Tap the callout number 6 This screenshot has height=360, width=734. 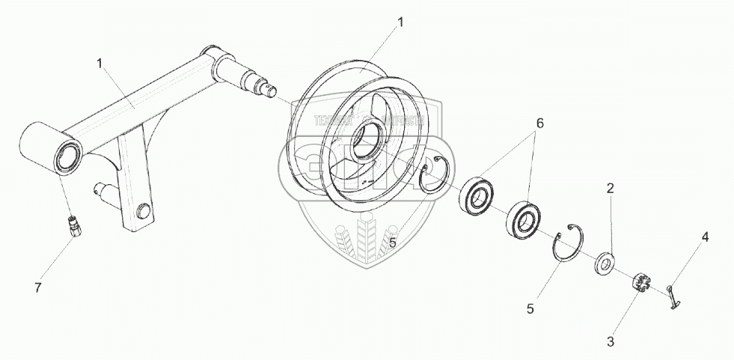point(539,123)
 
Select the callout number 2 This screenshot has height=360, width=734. point(611,189)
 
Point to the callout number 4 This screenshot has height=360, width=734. point(703,238)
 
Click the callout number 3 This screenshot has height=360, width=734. point(611,342)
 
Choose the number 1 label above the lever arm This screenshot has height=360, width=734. point(100,63)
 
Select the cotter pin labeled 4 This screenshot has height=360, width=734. point(673,293)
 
